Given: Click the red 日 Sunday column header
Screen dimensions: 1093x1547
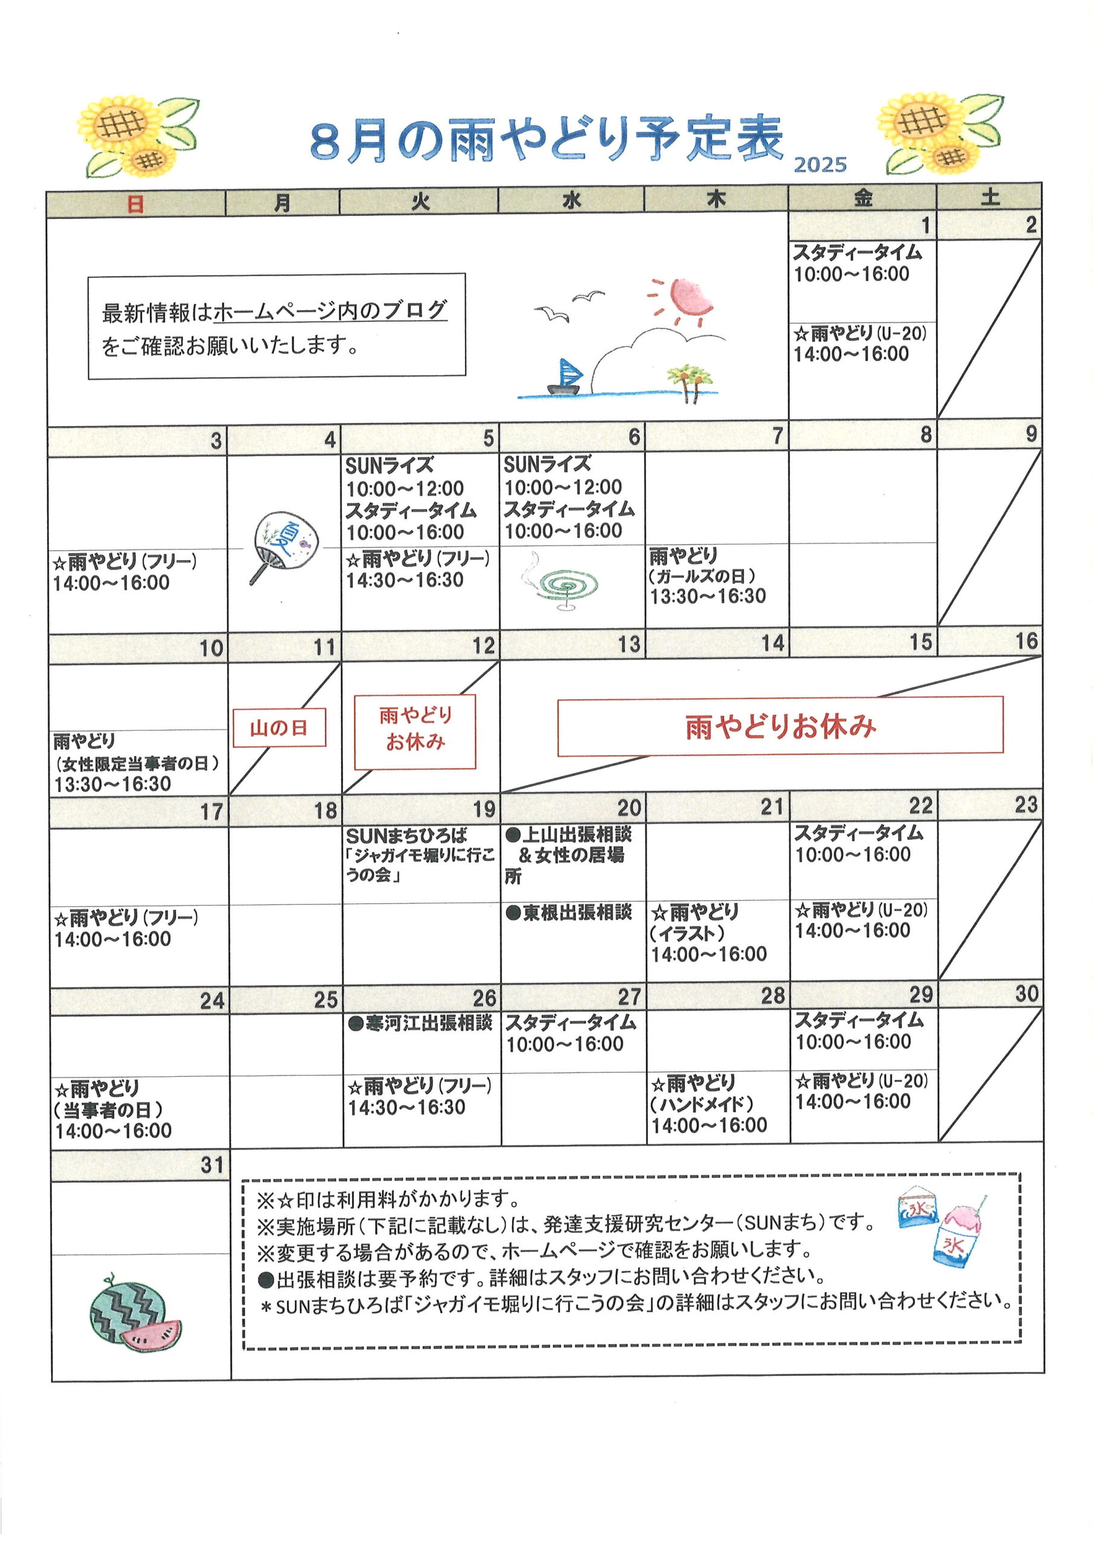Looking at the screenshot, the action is click(135, 204).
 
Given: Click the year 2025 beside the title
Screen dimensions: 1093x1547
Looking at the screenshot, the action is click(819, 164).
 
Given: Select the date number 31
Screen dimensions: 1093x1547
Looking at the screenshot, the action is click(211, 1164).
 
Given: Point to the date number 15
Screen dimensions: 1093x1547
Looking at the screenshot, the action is click(921, 642).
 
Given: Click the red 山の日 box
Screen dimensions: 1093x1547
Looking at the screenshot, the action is click(280, 728).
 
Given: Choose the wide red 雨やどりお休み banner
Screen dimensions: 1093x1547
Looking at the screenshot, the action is click(781, 726).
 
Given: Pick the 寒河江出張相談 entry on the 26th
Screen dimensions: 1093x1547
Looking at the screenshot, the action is click(421, 1024).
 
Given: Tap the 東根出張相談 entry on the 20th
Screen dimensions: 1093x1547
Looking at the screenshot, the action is click(569, 912).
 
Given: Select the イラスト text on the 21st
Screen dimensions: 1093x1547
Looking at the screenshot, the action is click(688, 933).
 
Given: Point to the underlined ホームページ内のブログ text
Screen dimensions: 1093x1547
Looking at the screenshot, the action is click(330, 310).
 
